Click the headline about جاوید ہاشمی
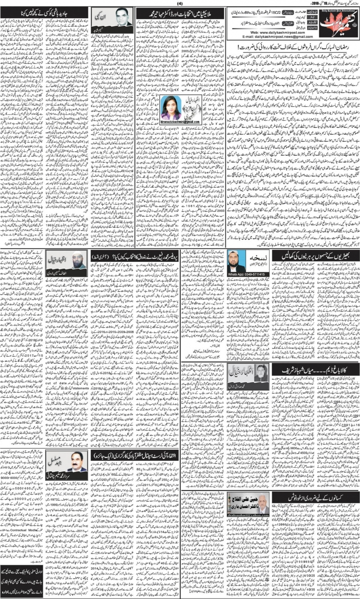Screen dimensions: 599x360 coord(25,13)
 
